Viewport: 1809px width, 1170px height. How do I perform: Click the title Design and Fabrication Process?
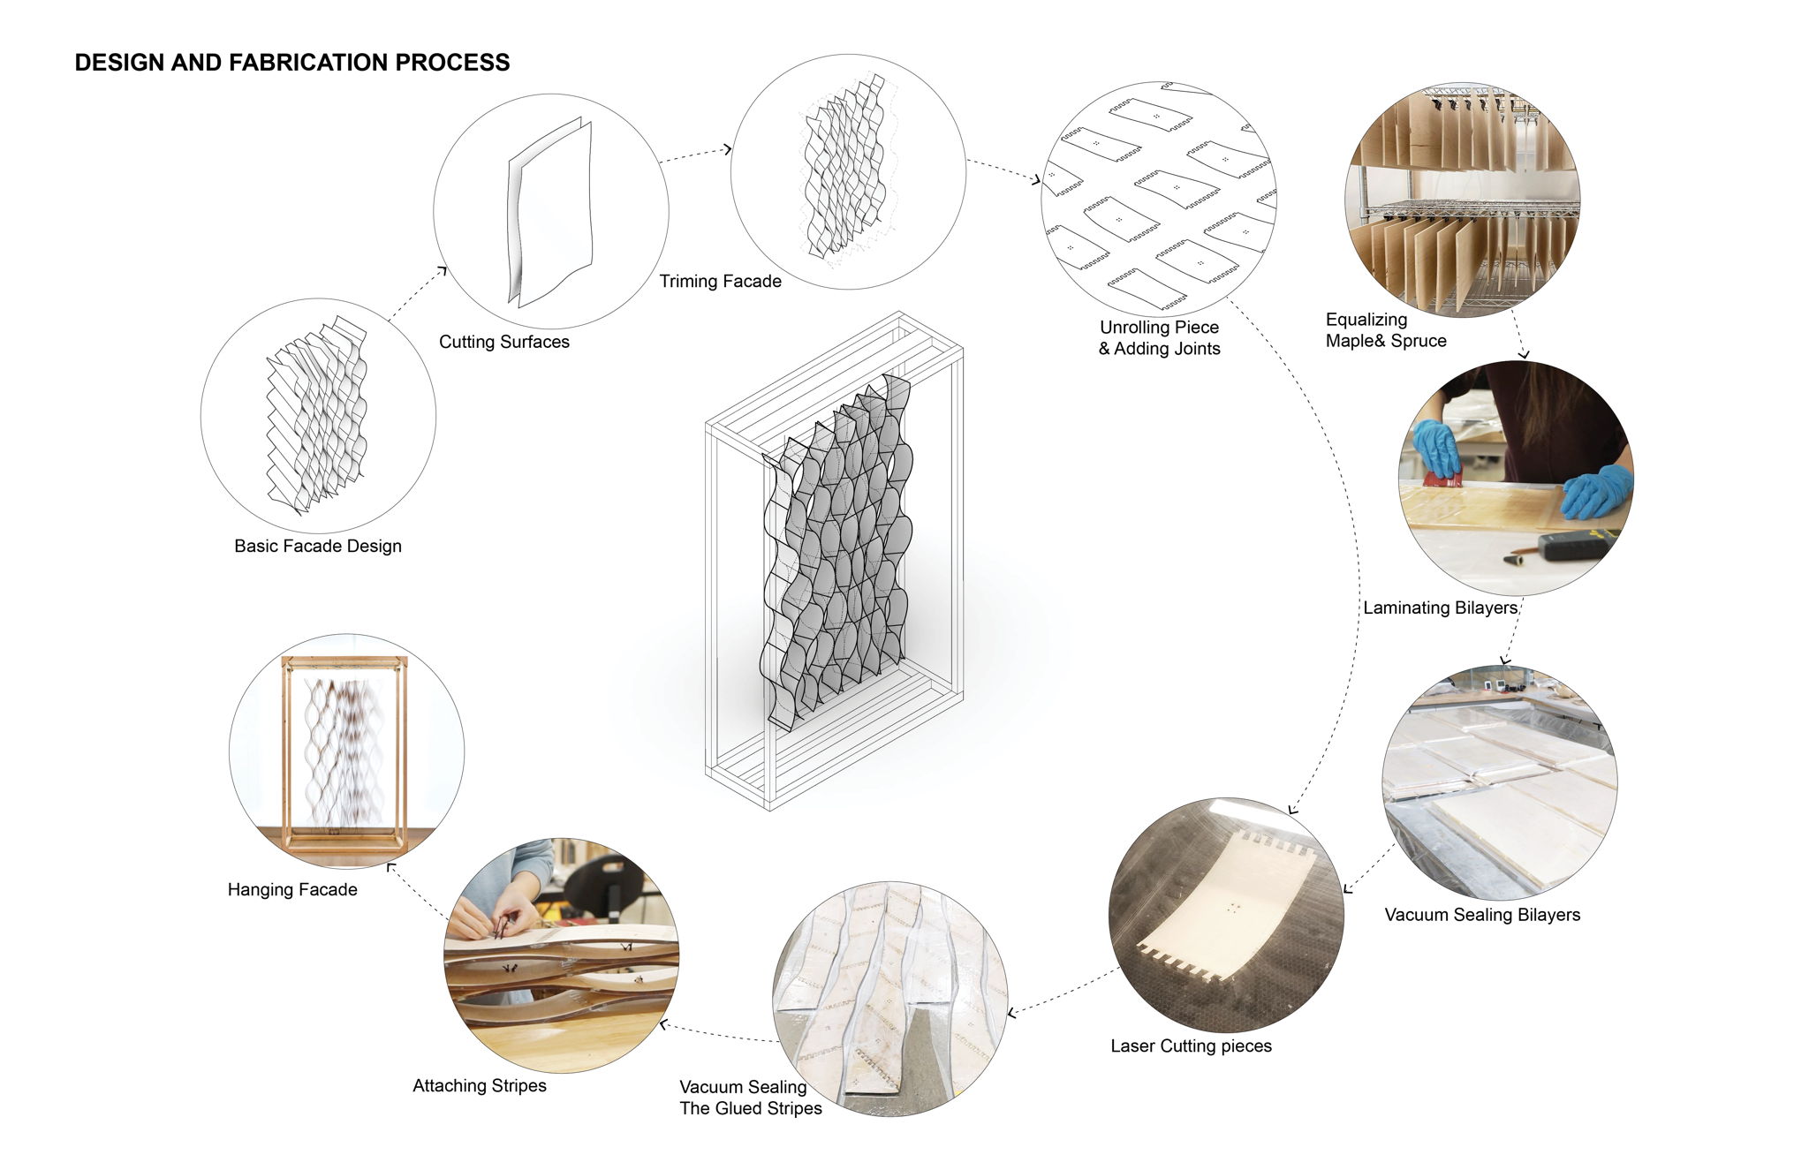click(292, 63)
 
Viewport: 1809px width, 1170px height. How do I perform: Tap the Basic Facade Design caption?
click(318, 546)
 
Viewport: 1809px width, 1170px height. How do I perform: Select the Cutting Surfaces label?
click(504, 342)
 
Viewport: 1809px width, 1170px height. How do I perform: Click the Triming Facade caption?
click(721, 281)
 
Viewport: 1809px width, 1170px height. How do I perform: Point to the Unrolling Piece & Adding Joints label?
click(1160, 337)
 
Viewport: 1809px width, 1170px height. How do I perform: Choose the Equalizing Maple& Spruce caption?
click(1386, 330)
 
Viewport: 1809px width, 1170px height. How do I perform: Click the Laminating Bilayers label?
click(1441, 608)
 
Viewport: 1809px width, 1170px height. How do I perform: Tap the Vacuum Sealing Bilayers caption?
click(1482, 915)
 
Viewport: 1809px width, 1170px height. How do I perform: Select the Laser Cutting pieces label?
click(1192, 1045)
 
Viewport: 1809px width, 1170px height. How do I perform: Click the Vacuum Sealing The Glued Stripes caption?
click(751, 1098)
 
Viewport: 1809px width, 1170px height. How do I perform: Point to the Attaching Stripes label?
click(480, 1085)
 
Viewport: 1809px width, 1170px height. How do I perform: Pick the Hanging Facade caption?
click(292, 889)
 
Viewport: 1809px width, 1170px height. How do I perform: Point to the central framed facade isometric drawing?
click(834, 560)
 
